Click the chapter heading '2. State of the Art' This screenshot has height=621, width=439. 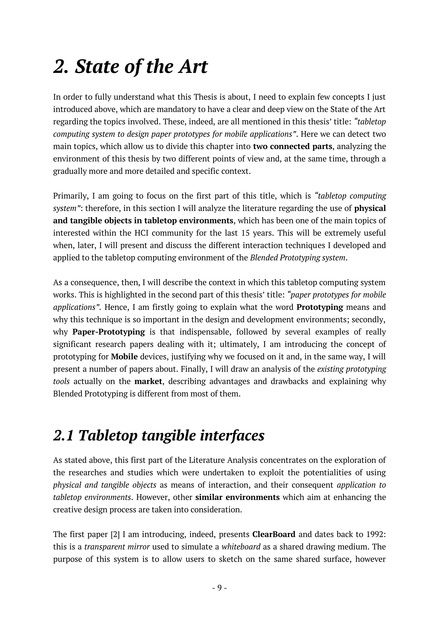click(130, 67)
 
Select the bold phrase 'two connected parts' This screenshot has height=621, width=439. click(292, 147)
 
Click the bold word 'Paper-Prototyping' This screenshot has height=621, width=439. click(109, 332)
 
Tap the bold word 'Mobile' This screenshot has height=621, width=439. click(124, 357)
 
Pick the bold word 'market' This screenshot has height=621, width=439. click(148, 382)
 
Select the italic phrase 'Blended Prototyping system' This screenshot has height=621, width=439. click(298, 258)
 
